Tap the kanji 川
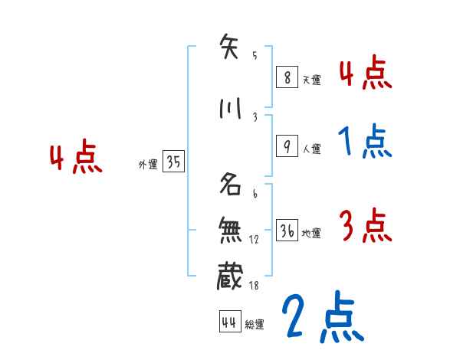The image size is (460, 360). pos(229,110)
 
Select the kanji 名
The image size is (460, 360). pos(230,185)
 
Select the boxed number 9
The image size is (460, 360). pos(285,147)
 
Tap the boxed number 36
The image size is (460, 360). pos(286,231)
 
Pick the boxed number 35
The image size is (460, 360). pos(173,162)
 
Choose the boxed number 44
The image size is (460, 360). pos(228,322)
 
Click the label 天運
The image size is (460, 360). pos(311,78)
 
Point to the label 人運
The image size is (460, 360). pos(311,149)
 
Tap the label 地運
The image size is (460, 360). pos(311,233)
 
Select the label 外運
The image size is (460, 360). pos(147,165)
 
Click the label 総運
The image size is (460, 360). pos(255,324)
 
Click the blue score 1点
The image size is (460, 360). pos(365,142)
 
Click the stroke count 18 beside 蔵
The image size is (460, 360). pos(254,285)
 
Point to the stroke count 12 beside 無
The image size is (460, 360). pos(254,239)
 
